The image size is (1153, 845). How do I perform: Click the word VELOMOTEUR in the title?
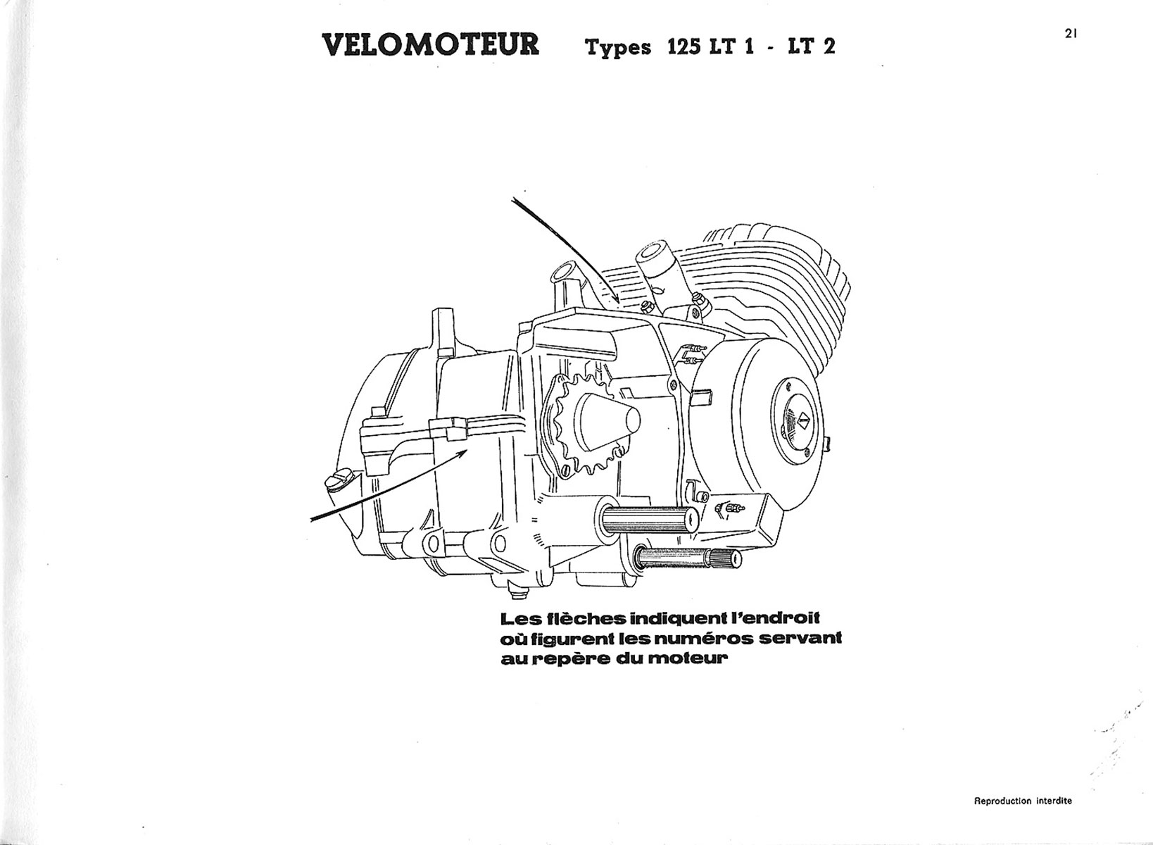[431, 44]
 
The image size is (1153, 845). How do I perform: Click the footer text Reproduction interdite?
[1023, 801]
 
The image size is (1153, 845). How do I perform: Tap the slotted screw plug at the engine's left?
[335, 482]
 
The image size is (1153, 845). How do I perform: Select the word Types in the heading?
[616, 49]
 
